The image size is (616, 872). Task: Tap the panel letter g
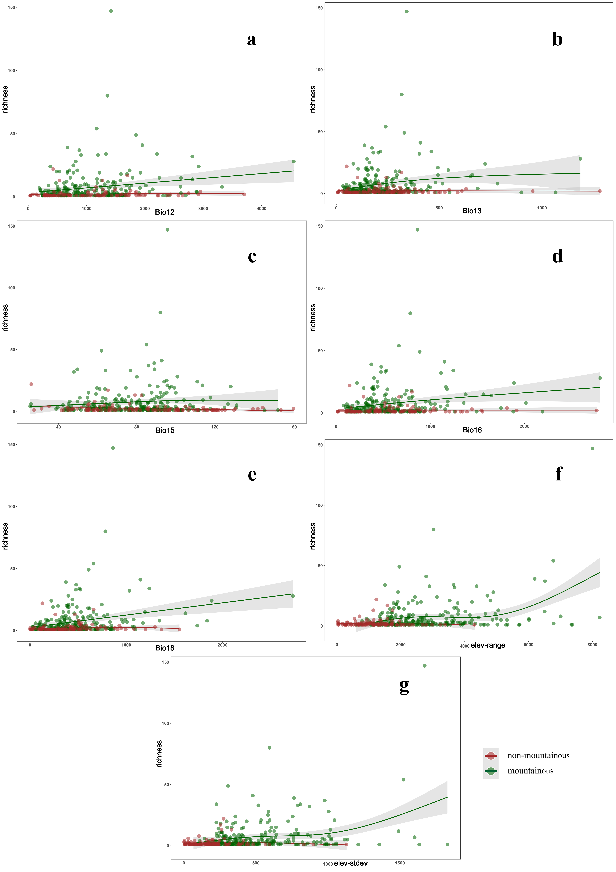coord(404,686)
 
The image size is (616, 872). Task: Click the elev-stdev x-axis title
coord(351,863)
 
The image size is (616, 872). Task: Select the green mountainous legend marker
coord(491,771)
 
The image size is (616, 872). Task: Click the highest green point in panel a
coord(111,11)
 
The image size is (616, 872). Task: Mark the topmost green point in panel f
coord(592,448)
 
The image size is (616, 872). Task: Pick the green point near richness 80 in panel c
coord(160,313)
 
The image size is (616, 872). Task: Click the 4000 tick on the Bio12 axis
coord(261,209)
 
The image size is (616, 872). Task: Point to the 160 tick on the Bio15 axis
coord(293,427)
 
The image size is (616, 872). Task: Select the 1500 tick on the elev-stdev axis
coord(400,863)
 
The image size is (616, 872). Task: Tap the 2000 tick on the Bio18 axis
coord(222,645)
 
